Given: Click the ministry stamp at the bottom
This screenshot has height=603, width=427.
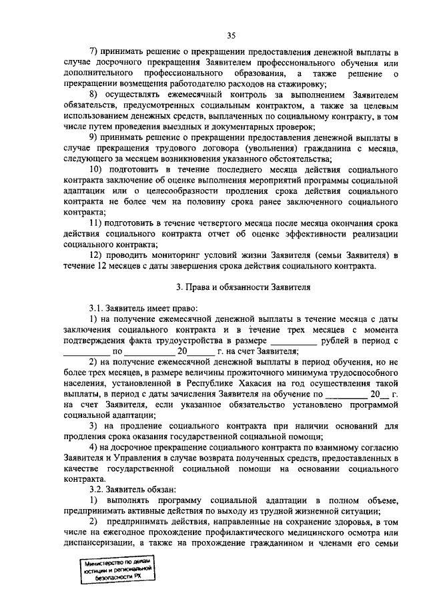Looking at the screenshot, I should point(114,570).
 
